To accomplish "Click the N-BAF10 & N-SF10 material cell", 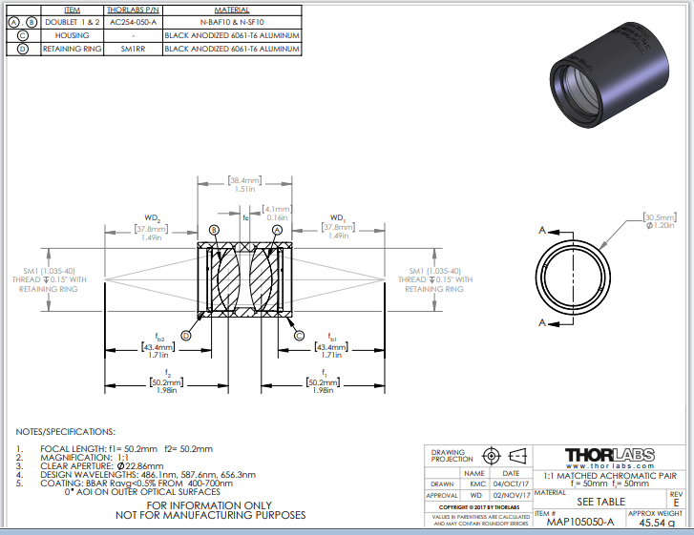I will coord(232,20).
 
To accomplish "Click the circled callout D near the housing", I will coord(185,336).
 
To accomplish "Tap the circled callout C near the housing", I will coord(299,335).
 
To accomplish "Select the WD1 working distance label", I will coord(337,218).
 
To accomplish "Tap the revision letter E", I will coord(676,501).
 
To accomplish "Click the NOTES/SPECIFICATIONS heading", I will coord(65,432).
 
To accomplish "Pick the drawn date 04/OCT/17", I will coord(511,484).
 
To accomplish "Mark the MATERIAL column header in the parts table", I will coord(232,8).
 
